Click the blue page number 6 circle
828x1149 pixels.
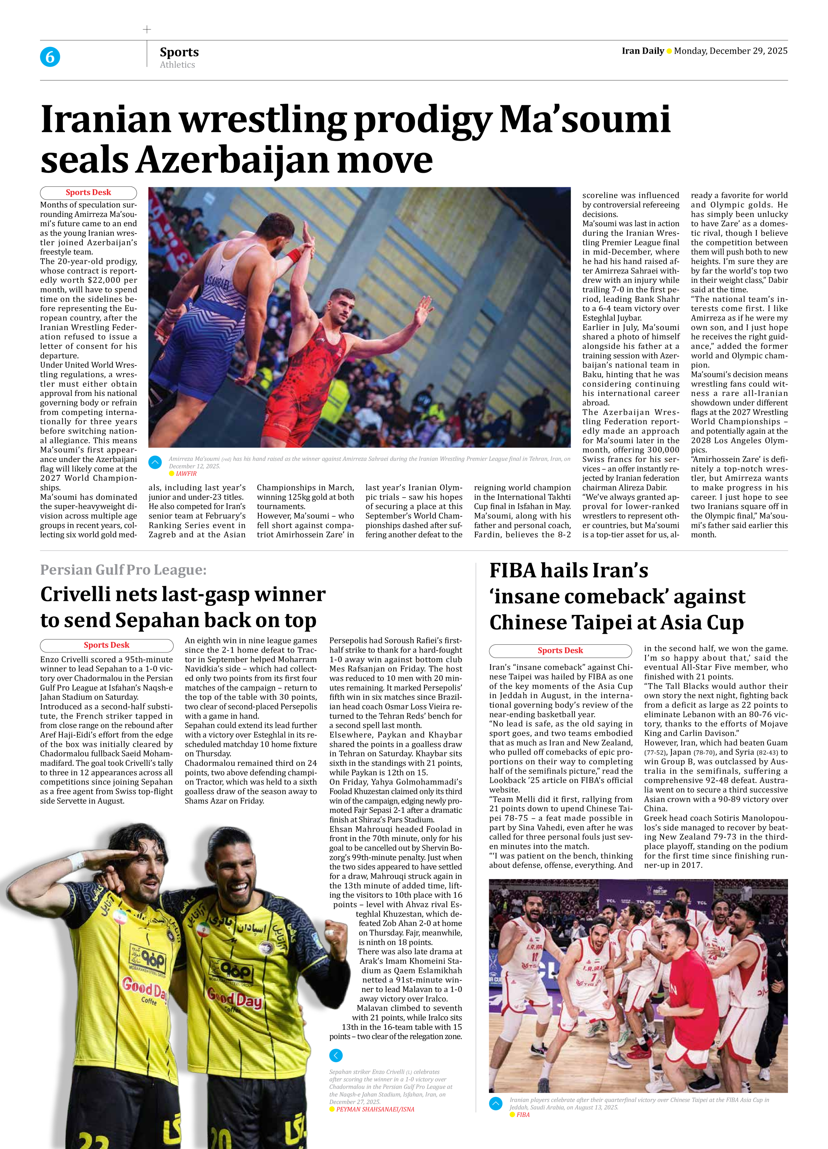point(50,57)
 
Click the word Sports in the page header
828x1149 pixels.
point(179,52)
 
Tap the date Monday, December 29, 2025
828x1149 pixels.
point(730,51)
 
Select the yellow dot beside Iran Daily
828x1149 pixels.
point(669,51)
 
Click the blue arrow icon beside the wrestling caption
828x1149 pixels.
point(155,462)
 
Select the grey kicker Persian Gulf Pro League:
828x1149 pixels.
point(123,570)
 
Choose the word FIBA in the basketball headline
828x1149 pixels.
point(512,571)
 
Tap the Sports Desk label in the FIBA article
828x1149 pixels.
point(560,650)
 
